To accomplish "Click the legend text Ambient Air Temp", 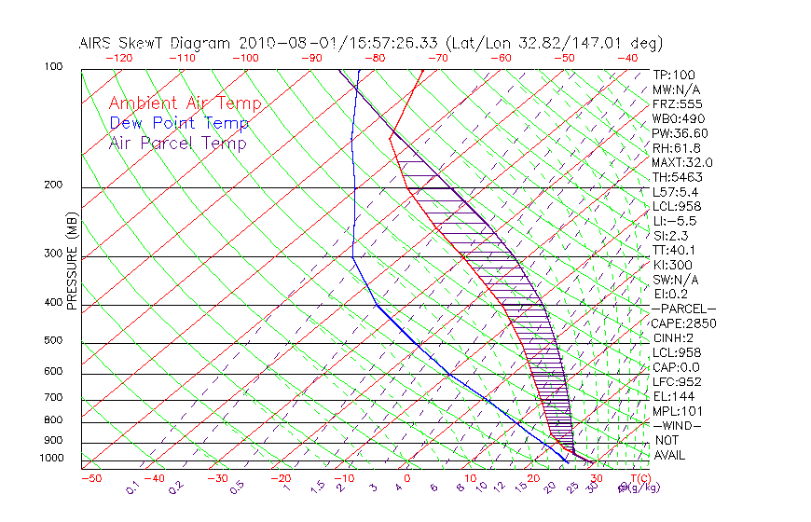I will click(x=185, y=104).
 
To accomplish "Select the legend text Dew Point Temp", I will click(x=179, y=124).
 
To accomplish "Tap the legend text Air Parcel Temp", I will click(x=177, y=144).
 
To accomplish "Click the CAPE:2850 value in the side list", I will click(x=683, y=323).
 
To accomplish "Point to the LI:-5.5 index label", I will click(x=673, y=222).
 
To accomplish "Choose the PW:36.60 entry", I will click(x=680, y=134).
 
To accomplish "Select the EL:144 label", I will click(x=673, y=396).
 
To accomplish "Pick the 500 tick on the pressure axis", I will click(x=55, y=342).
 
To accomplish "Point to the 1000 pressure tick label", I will click(x=52, y=459).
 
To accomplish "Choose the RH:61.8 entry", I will click(x=677, y=148).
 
